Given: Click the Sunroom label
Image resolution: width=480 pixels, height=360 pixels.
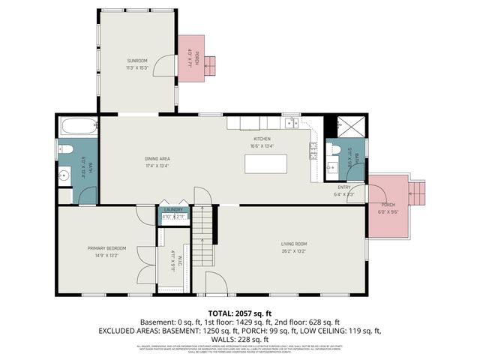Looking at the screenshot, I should [136, 60].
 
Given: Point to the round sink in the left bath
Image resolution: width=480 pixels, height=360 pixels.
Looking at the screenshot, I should [64, 177].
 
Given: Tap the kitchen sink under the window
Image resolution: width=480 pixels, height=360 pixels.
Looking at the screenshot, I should [290, 123].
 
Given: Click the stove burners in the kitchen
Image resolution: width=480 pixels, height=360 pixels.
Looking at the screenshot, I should [313, 151].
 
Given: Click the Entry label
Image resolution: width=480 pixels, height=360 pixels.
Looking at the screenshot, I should [344, 187].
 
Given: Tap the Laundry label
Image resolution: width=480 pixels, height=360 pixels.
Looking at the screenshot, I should [174, 210].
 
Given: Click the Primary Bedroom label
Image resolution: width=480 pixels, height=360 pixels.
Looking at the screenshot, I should [106, 248].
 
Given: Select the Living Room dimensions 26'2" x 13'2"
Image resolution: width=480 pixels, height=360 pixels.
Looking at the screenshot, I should [295, 252].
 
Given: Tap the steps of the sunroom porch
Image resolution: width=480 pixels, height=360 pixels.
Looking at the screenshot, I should [211, 65].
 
